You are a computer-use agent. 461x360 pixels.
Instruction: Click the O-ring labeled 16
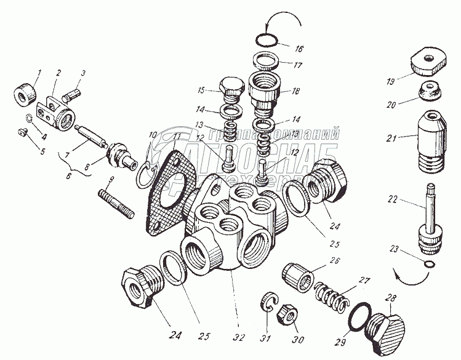[x=267, y=42]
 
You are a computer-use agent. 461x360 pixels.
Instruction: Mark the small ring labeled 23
[x=429, y=265]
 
